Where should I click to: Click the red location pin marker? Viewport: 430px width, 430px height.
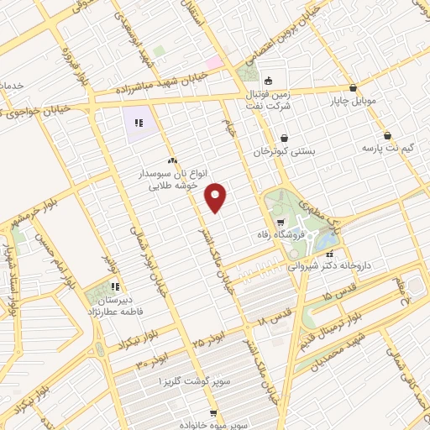click(217, 197)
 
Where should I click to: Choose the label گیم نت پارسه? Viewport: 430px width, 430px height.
click(387, 148)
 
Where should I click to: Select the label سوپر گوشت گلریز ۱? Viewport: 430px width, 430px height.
click(195, 380)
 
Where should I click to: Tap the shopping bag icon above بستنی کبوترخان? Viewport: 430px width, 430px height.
click(285, 138)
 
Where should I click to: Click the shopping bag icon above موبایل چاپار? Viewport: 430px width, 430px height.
click(353, 88)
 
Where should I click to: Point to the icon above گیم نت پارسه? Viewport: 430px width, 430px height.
click(387, 134)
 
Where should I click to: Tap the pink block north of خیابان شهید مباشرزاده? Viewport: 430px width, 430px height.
click(216, 61)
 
